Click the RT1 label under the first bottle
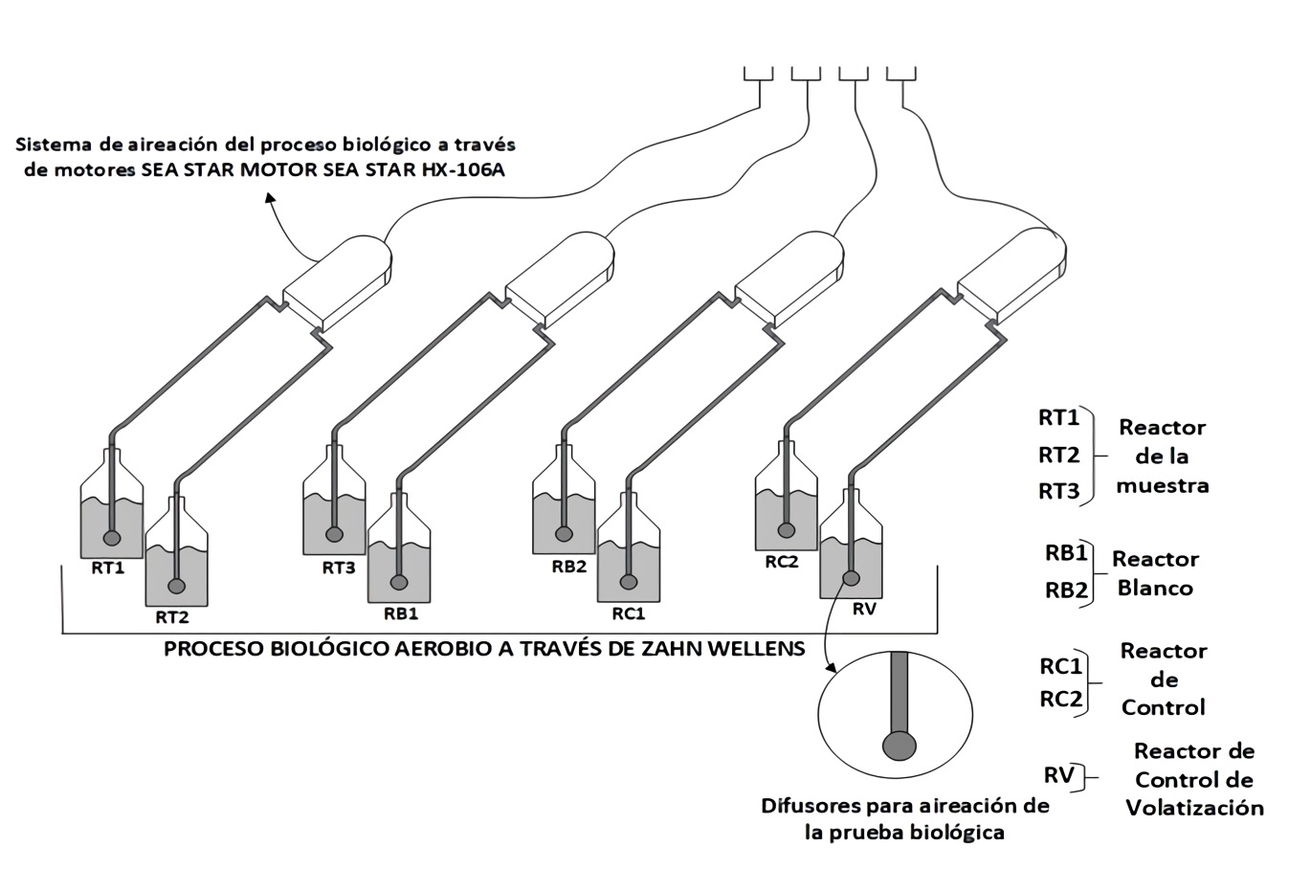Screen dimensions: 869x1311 click(x=107, y=568)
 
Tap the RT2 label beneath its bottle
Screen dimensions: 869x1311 click(x=173, y=617)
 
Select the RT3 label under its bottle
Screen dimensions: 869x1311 click(x=338, y=568)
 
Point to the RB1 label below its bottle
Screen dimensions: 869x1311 click(x=400, y=613)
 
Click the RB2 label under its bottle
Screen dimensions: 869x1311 click(x=568, y=566)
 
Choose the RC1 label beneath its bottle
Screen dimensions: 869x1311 click(x=629, y=613)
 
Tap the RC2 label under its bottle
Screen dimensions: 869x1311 click(x=781, y=562)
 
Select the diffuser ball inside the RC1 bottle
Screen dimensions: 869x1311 click(x=629, y=581)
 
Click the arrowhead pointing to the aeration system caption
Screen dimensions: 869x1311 click(x=270, y=196)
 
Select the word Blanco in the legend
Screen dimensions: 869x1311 click(x=1155, y=588)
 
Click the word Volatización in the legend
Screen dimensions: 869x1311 click(x=1194, y=808)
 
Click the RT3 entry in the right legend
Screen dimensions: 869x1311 click(x=1058, y=492)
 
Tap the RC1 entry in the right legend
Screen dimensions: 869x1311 click(x=1061, y=666)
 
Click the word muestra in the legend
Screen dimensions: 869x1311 click(x=1162, y=485)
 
